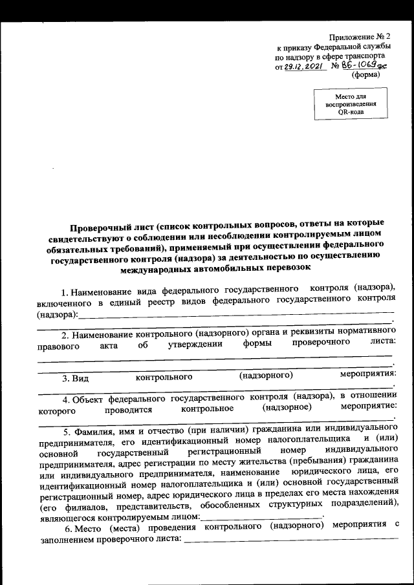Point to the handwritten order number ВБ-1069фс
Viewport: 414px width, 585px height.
365,65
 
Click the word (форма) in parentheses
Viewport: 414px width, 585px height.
365,75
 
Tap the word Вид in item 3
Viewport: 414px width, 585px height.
80,376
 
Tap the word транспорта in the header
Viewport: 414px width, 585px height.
370,56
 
